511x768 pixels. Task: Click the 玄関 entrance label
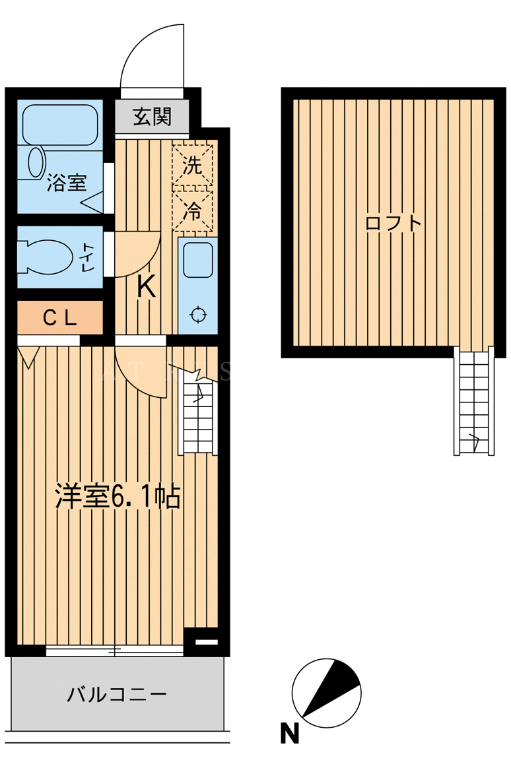[x=153, y=117]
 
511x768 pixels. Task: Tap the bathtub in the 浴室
[x=60, y=125]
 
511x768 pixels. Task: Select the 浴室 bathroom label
[x=67, y=183]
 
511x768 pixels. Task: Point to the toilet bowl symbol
[x=46, y=256]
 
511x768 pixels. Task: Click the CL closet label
[x=60, y=319]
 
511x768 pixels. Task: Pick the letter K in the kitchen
[x=145, y=286]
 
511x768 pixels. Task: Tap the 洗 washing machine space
[x=193, y=165]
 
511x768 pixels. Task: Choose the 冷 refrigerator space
[x=193, y=210]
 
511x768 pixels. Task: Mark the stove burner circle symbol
[x=198, y=315]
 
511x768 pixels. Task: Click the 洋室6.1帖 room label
[x=118, y=496]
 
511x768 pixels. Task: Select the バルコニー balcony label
[x=117, y=694]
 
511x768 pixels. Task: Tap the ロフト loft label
[x=393, y=224]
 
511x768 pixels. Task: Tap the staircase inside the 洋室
[x=199, y=416]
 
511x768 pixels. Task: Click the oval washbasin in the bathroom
[x=36, y=162]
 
